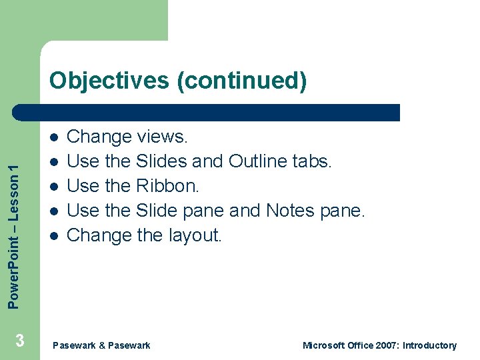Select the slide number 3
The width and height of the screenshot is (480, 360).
click(x=20, y=341)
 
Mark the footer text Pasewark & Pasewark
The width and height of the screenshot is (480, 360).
click(x=101, y=345)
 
